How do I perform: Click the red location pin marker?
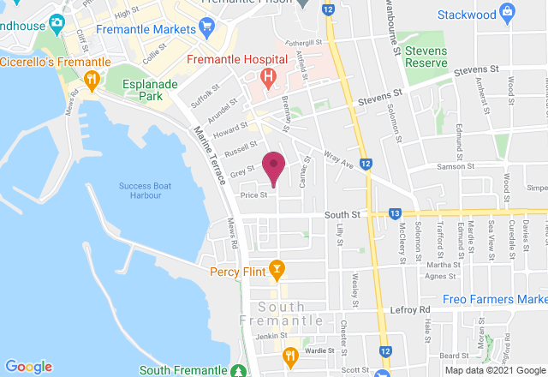click(273, 165)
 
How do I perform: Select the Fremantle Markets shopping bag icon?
click(206, 28)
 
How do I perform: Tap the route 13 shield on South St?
click(395, 212)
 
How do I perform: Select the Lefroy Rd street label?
click(412, 309)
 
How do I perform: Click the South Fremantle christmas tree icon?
click(237, 371)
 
